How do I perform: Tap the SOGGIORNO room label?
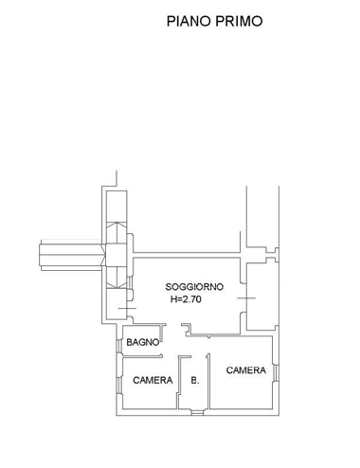194,286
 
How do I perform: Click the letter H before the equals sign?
174,299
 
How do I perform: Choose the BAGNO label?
143,342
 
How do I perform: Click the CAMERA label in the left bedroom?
152,381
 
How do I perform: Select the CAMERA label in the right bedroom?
245,370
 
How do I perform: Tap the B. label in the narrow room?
194,381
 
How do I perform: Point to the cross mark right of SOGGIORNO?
247,299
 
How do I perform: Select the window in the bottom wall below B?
194,411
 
